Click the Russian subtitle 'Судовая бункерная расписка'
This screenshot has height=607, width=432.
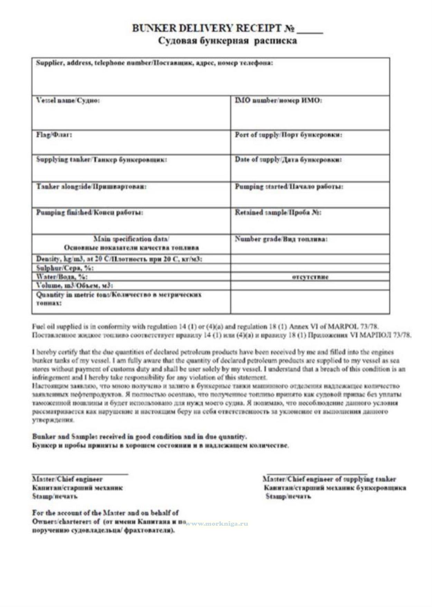(227, 41)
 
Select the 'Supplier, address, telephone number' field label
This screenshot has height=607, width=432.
(154, 63)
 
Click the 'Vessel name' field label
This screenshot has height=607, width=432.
(68, 101)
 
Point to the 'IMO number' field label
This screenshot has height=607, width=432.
(278, 101)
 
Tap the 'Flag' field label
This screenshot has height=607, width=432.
(54, 134)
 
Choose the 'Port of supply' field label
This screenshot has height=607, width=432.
(289, 135)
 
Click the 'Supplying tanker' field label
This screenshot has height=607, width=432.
(102, 160)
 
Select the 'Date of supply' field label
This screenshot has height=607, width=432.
(288, 160)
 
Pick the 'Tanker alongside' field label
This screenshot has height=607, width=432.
(92, 187)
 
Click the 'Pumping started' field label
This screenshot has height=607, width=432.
(289, 187)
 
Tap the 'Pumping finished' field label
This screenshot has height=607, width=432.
(90, 212)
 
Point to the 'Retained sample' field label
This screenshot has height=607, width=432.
(278, 212)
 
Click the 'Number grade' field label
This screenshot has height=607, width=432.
(281, 239)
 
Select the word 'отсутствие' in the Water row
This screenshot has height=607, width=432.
(310, 277)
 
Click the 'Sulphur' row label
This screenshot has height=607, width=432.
(65, 268)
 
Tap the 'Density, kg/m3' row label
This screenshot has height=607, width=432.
(119, 259)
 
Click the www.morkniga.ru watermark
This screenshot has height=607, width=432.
(217, 523)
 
